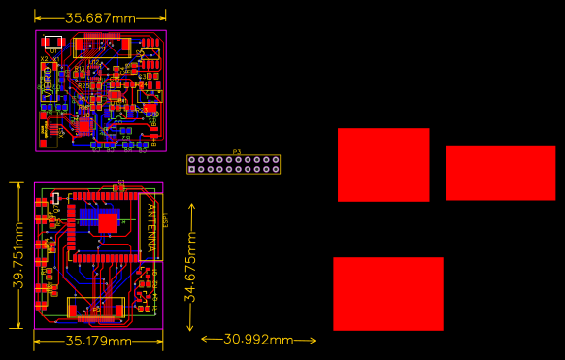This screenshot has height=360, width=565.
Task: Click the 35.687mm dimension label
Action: (100, 17)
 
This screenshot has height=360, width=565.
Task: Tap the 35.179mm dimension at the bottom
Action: (98, 341)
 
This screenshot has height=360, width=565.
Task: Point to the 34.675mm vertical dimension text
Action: (192, 267)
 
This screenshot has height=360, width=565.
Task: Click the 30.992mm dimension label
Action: (258, 340)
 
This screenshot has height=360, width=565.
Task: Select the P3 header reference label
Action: (236, 152)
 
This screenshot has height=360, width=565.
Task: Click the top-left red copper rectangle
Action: (383, 164)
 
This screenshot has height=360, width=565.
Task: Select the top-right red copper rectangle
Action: (500, 173)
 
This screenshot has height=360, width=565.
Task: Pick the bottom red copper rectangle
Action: (387, 294)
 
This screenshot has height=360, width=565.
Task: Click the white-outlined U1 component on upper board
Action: (53, 42)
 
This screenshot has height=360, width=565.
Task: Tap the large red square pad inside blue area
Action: (107, 222)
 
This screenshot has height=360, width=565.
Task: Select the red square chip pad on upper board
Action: (84, 125)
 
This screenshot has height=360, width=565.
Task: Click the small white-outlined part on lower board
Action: (56, 197)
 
